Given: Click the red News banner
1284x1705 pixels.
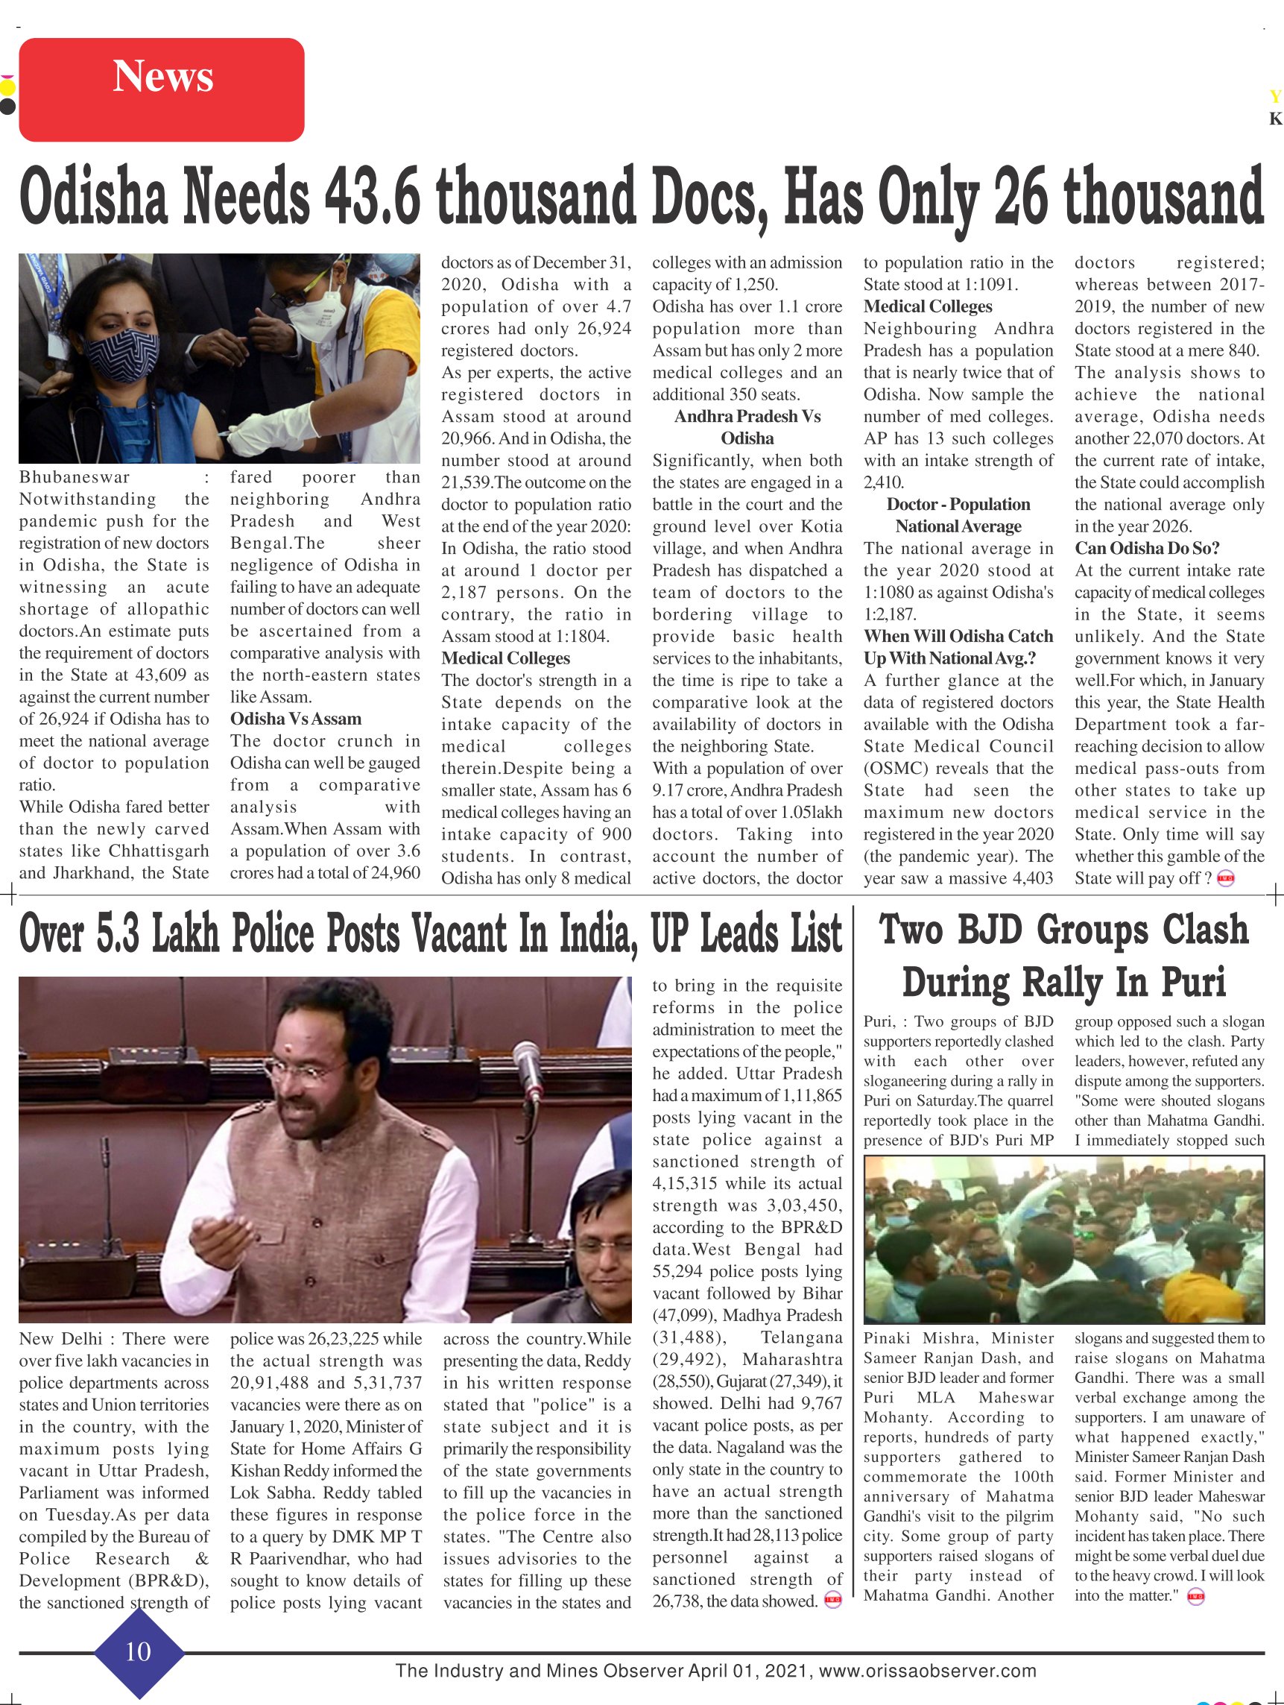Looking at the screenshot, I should coord(162,89).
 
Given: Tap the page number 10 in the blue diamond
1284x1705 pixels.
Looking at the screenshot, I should coord(138,1651).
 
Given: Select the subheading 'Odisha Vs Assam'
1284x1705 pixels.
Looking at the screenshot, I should coord(295,719).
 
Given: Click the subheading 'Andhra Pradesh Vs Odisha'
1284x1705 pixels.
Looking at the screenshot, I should coord(747,427).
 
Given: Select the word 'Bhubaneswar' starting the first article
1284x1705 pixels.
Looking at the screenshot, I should coord(75,477).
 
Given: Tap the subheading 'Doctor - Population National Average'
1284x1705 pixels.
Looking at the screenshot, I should coord(958,515).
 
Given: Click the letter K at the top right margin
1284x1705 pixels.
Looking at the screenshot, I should coord(1275,119).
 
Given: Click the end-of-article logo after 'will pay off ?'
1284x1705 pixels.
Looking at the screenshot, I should coord(1225,879).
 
